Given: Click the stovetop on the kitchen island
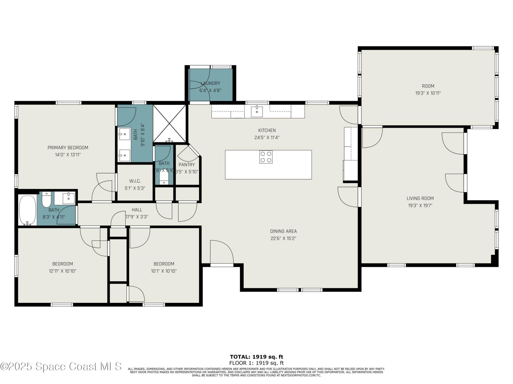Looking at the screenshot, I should tap(266, 157).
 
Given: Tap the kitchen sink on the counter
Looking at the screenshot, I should tap(257, 111).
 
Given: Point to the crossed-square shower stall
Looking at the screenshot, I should tap(169, 123).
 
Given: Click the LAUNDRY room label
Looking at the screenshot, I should tap(210, 83).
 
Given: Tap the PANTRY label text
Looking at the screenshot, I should tap(186, 165).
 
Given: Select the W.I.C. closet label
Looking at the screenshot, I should tap(135, 181).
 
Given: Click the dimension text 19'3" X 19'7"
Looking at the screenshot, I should tap(420, 205).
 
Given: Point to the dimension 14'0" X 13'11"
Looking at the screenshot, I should tap(68, 155).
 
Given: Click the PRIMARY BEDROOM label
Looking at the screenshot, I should tap(68, 147).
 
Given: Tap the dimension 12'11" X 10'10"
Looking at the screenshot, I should tap(63, 271).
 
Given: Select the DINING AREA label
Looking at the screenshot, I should tap(283, 231).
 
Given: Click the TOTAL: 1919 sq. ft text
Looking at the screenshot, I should tap(256, 357).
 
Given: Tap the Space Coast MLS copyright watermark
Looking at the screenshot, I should tap(61, 366).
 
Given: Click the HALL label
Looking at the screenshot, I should tap(137, 210).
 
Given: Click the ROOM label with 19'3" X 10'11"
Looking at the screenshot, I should tap(428, 86).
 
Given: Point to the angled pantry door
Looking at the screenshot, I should tap(189, 153).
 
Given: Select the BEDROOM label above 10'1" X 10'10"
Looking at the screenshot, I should tap(164, 264).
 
